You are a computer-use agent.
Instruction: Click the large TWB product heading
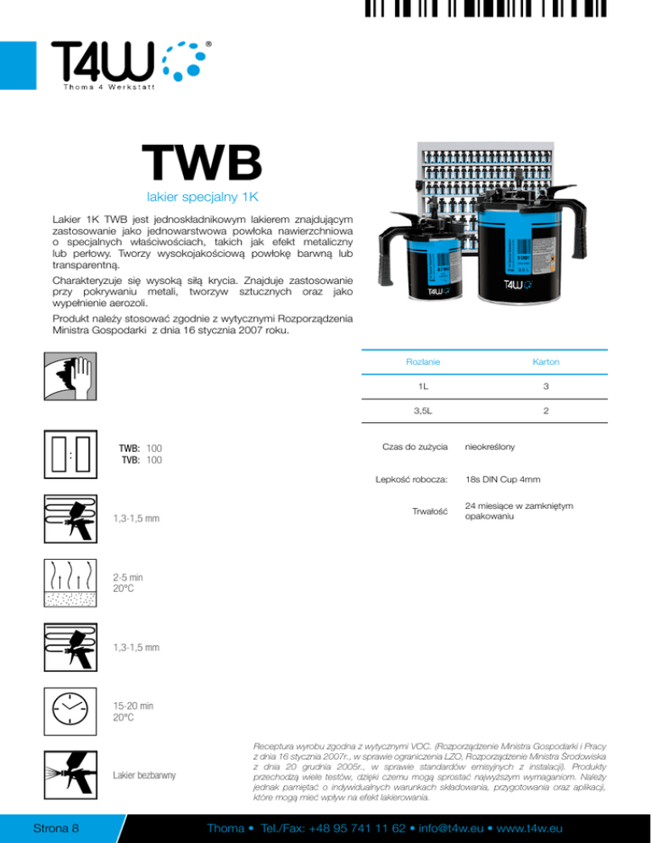[202, 163]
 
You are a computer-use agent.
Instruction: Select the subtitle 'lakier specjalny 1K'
[202, 198]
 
